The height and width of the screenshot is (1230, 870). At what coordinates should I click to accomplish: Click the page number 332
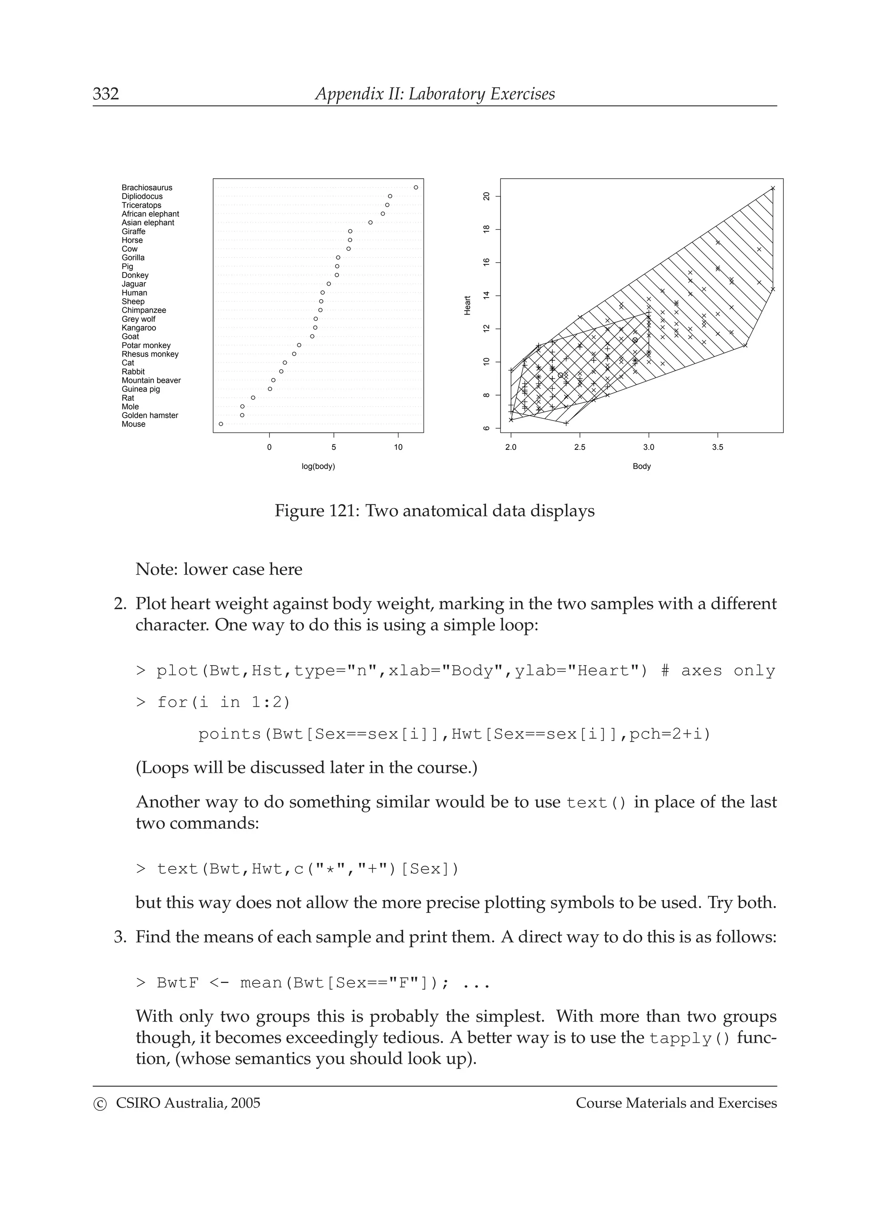pyautogui.click(x=106, y=94)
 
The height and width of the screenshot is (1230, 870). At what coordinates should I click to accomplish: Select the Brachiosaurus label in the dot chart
pyautogui.click(x=147, y=188)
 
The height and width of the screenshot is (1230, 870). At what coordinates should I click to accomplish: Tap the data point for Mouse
pyautogui.click(x=221, y=424)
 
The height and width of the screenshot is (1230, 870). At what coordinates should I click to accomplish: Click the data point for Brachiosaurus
pyautogui.click(x=416, y=188)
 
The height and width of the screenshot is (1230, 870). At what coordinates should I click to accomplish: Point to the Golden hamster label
pyautogui.click(x=150, y=415)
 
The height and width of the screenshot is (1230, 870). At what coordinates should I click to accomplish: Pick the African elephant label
pyautogui.click(x=150, y=214)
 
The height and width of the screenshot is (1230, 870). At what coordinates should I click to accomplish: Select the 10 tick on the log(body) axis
pyautogui.click(x=398, y=447)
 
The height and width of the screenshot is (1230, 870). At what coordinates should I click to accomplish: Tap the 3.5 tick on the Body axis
pyautogui.click(x=717, y=447)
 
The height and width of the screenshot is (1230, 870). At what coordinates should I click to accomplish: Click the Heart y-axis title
pyautogui.click(x=467, y=305)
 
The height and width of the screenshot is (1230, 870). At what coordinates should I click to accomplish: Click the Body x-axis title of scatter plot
pyautogui.click(x=641, y=466)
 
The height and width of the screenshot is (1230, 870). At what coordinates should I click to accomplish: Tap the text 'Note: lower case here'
pyautogui.click(x=219, y=569)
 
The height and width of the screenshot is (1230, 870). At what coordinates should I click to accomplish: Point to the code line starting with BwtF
pyautogui.click(x=313, y=983)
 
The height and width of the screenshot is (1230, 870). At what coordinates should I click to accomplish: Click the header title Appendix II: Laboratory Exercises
pyautogui.click(x=435, y=94)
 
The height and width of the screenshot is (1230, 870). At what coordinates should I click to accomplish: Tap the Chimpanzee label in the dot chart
pyautogui.click(x=144, y=310)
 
